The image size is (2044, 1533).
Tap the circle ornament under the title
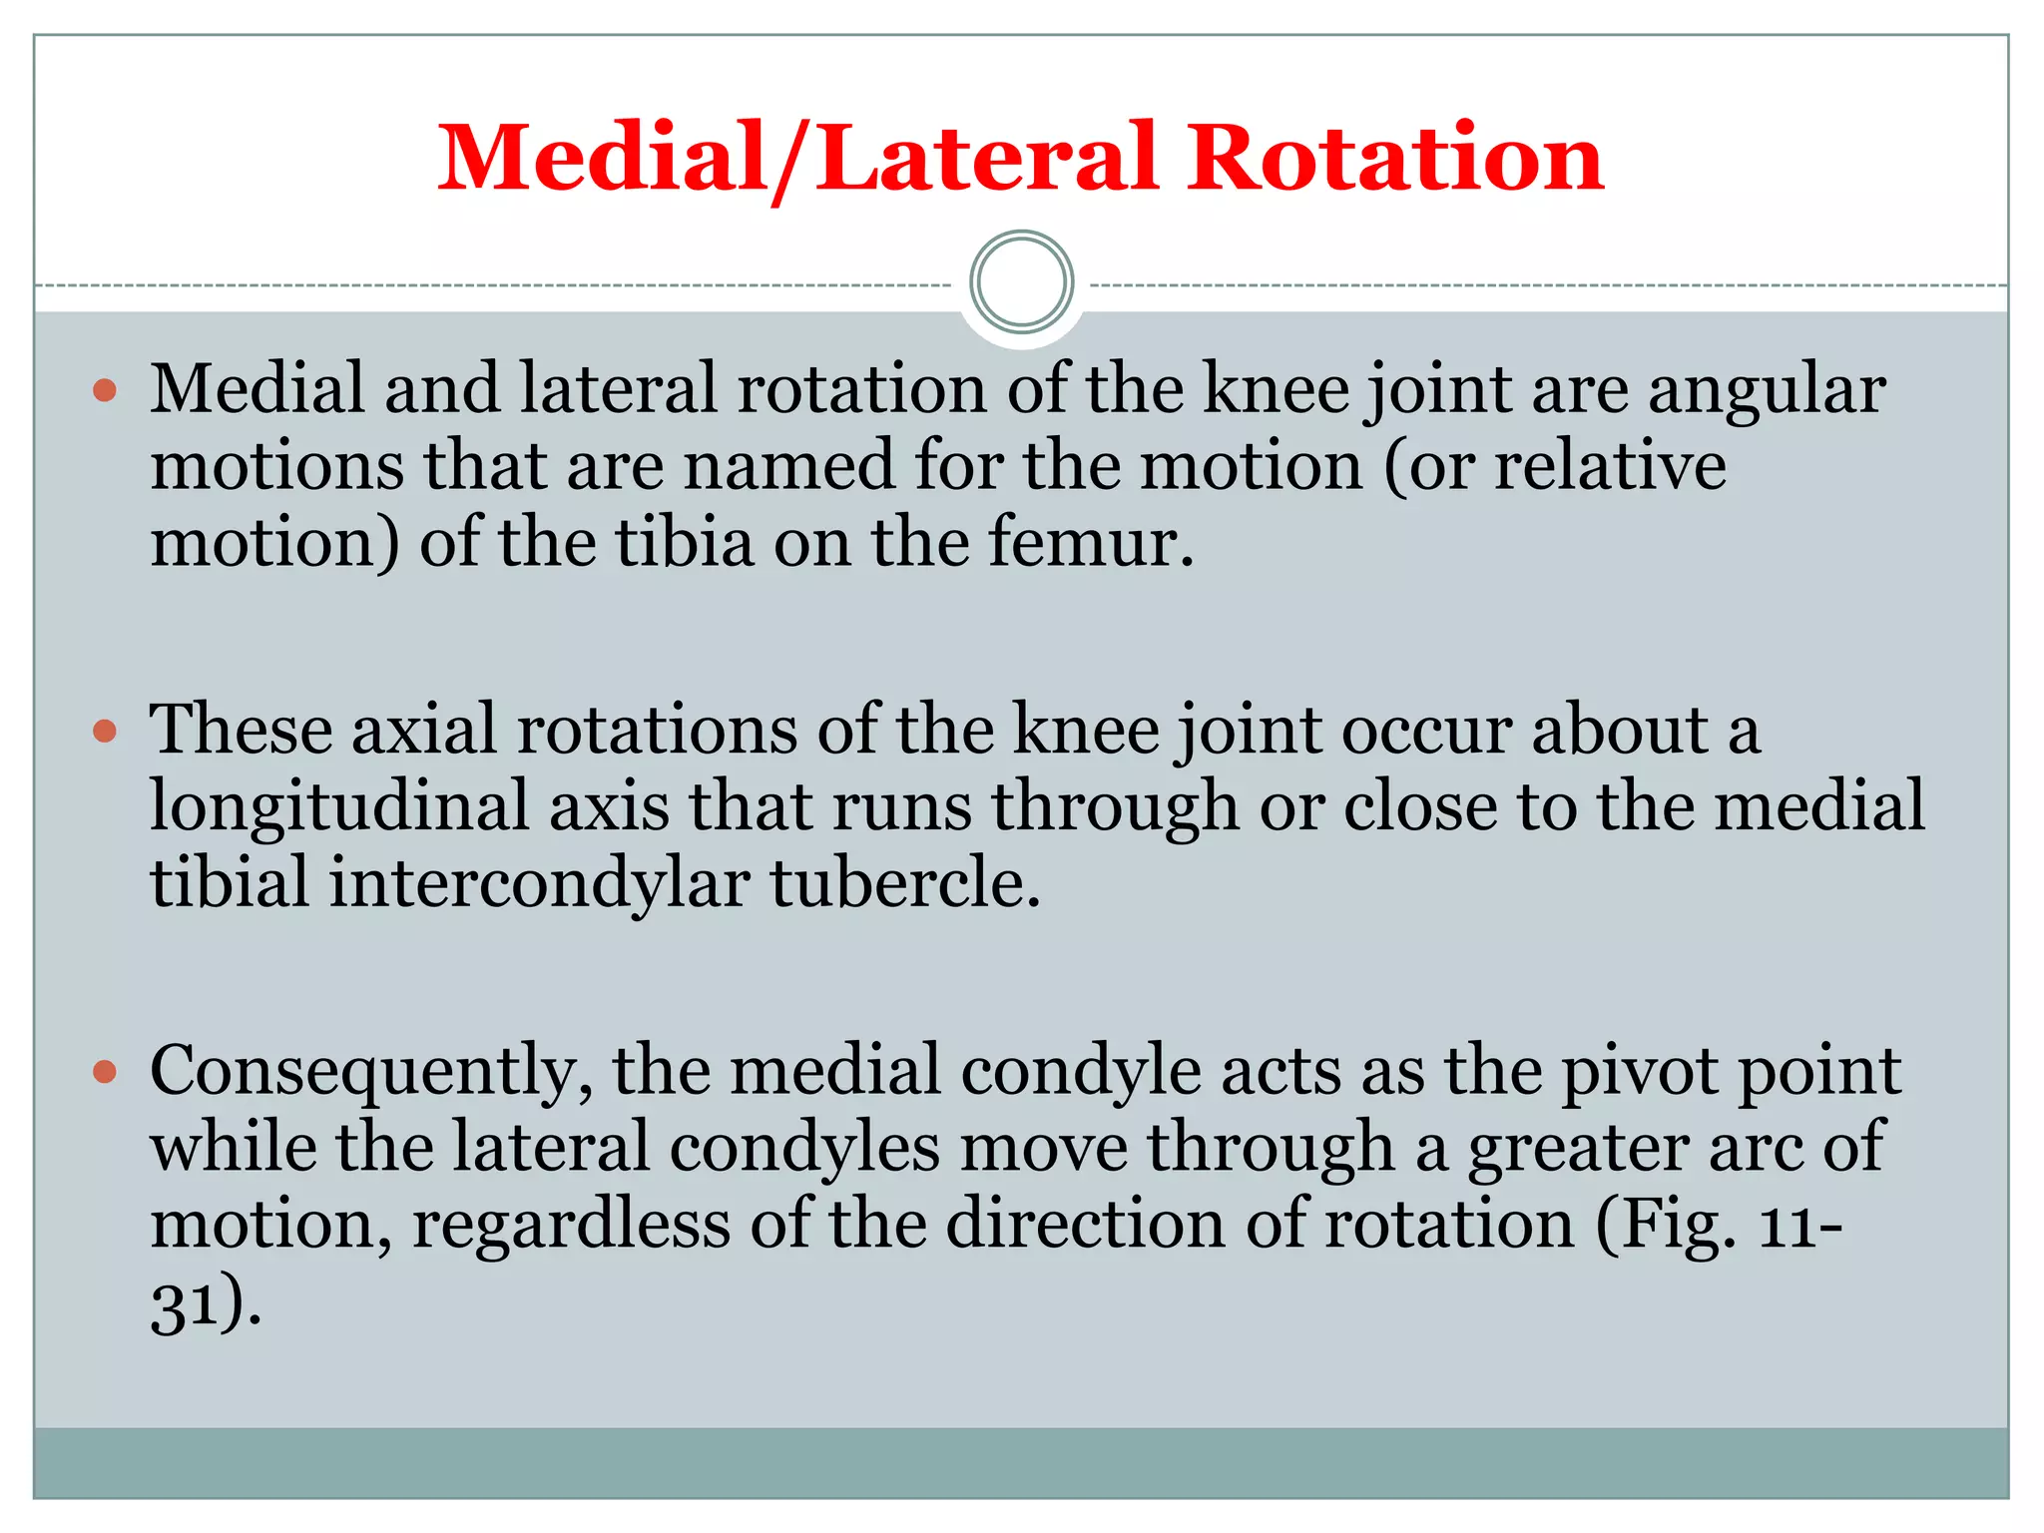tap(1021, 282)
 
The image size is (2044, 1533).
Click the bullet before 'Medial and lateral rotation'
tap(105, 390)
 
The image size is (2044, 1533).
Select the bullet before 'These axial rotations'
tap(105, 732)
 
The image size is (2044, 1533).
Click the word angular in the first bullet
tap(1767, 391)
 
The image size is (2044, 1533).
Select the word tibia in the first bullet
tap(685, 544)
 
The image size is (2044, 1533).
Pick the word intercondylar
tap(539, 884)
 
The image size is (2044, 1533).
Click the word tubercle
tap(905, 884)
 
